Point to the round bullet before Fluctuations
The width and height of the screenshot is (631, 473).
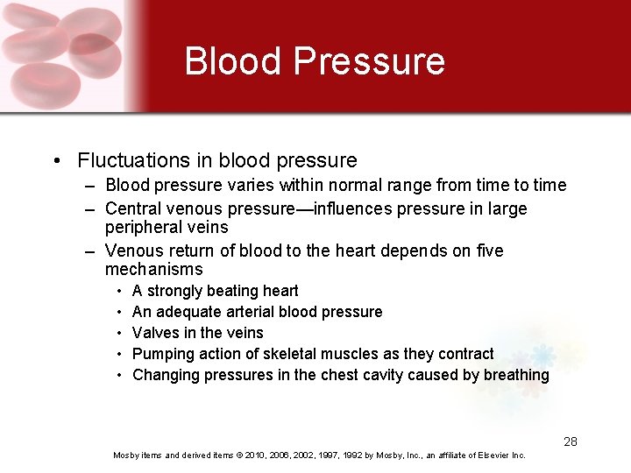pyautogui.click(x=56, y=161)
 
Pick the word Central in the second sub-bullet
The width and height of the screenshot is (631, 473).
pyautogui.click(x=132, y=209)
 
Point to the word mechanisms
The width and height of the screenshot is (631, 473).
pyautogui.click(x=153, y=270)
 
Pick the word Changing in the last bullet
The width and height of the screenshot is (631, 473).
pyautogui.click(x=166, y=375)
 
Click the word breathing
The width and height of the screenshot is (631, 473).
pyautogui.click(x=516, y=375)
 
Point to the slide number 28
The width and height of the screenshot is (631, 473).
pyautogui.click(x=571, y=441)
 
